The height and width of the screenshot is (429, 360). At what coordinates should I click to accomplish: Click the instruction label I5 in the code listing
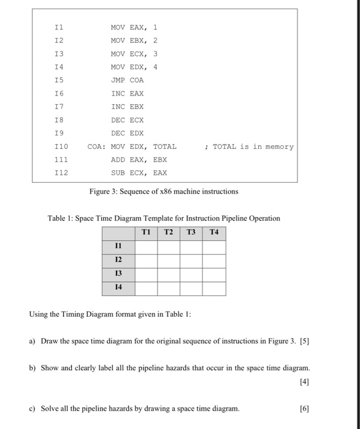click(59, 80)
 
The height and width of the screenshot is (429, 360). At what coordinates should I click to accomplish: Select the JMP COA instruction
click(127, 80)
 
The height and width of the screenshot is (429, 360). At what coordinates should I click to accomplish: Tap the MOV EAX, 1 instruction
click(134, 27)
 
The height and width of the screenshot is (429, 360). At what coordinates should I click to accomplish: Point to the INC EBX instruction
click(127, 106)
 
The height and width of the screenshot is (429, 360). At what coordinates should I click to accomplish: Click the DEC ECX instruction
click(127, 120)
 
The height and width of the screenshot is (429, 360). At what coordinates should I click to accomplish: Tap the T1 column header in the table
click(146, 232)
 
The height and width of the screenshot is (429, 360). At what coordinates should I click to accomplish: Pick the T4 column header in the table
click(214, 232)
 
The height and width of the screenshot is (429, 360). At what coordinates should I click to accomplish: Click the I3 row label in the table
click(118, 274)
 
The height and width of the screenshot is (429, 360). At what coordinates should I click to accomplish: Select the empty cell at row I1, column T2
click(169, 246)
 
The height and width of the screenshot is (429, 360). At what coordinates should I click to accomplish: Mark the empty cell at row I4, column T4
click(214, 288)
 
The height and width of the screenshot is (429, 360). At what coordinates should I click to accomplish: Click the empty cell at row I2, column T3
click(191, 260)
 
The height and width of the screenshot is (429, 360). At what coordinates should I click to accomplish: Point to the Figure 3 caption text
click(164, 191)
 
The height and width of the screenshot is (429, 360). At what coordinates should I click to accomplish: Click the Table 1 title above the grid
click(164, 218)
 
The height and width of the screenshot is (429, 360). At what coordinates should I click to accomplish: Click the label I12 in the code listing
click(60, 173)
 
